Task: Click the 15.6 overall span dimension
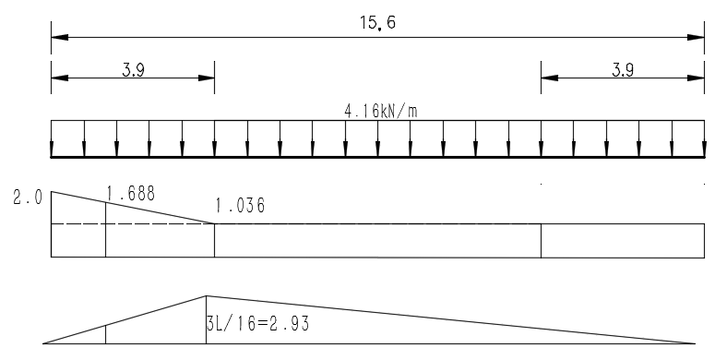(378, 23)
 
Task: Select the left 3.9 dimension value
(134, 70)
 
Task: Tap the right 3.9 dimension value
(623, 70)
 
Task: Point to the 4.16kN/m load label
(381, 112)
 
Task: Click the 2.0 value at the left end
(28, 198)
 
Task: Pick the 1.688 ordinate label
(131, 194)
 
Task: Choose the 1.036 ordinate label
(240, 206)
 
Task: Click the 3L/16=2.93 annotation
(257, 323)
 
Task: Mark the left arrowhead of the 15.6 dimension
(60, 37)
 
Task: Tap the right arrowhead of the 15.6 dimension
(696, 37)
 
